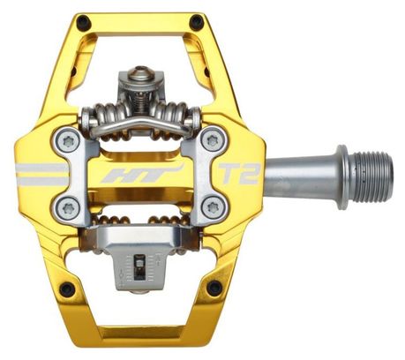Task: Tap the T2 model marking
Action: [x=239, y=174]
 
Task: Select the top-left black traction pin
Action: [x=83, y=22]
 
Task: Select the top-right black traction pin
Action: [x=197, y=21]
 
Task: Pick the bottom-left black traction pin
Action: [x=67, y=289]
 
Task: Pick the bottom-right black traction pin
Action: [x=214, y=288]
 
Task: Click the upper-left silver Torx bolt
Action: [x=67, y=142]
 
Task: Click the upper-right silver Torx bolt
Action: [x=213, y=141]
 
